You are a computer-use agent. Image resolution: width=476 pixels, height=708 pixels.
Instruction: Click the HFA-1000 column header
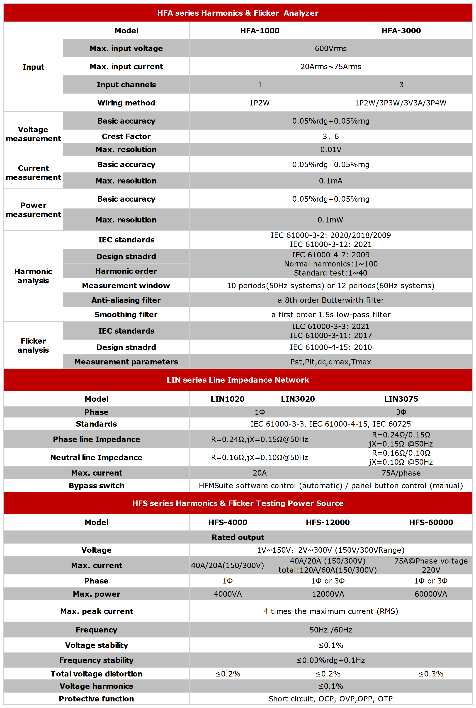click(260, 31)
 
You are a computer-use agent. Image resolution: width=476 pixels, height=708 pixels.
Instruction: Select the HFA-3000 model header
click(401, 31)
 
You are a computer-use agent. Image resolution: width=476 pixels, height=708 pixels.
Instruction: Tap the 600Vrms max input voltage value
click(330, 48)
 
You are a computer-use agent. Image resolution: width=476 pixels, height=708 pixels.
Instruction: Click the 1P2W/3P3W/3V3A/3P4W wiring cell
click(401, 103)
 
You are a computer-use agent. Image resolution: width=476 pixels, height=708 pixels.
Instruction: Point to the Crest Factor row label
click(126, 136)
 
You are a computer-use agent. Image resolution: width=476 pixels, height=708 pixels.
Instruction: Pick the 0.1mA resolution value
click(330, 181)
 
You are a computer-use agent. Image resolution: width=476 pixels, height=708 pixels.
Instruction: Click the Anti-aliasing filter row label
click(126, 300)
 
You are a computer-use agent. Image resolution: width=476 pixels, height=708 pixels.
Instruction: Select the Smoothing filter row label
click(126, 315)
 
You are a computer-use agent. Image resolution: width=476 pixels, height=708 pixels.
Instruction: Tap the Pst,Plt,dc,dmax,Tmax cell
click(330, 362)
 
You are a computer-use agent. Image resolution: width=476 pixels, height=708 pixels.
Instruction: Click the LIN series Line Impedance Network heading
click(238, 380)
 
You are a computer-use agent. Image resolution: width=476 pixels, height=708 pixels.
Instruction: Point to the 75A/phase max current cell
click(401, 473)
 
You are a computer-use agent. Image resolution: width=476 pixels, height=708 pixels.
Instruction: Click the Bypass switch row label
click(97, 486)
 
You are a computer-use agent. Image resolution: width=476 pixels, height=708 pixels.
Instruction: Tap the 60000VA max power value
click(430, 594)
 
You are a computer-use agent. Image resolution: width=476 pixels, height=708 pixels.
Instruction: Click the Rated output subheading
click(238, 537)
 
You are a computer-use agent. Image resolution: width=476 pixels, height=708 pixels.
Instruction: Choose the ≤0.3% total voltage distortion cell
click(430, 674)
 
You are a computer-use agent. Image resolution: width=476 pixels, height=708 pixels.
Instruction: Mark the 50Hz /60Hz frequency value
click(330, 630)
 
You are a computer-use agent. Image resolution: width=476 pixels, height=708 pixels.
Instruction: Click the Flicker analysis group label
click(33, 345)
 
